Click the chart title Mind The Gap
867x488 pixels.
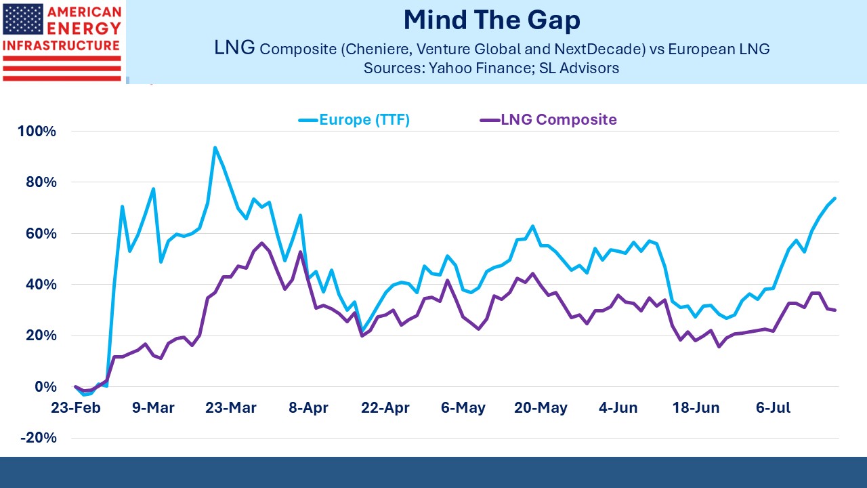tap(492, 20)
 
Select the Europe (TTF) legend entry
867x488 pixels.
tap(354, 120)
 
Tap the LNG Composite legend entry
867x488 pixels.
tap(549, 120)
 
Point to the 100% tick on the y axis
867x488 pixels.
tap(37, 131)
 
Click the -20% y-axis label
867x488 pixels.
tap(39, 438)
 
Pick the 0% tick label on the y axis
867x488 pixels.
tap(45, 386)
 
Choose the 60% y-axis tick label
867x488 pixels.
tap(41, 234)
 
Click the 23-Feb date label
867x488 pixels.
tap(75, 407)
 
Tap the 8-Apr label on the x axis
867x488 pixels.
tap(308, 408)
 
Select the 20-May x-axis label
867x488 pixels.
tap(541, 408)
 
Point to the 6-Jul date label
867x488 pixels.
tap(773, 407)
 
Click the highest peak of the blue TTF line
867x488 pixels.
tap(215, 148)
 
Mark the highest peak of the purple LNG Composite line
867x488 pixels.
tap(261, 243)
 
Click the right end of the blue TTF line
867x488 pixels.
tap(835, 199)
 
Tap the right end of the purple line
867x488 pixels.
tap(835, 310)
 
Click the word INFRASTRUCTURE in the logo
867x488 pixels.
tap(61, 45)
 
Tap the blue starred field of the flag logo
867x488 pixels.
tap(23, 20)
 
